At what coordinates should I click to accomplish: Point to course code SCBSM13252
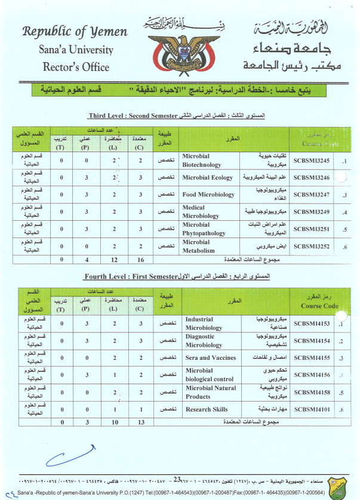coord(312,246)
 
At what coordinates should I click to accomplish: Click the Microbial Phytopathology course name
coord(205,230)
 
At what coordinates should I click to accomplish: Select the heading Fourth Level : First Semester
coord(128,277)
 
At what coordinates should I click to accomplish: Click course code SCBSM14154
coord(312,341)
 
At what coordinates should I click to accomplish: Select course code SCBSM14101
coord(312,409)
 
